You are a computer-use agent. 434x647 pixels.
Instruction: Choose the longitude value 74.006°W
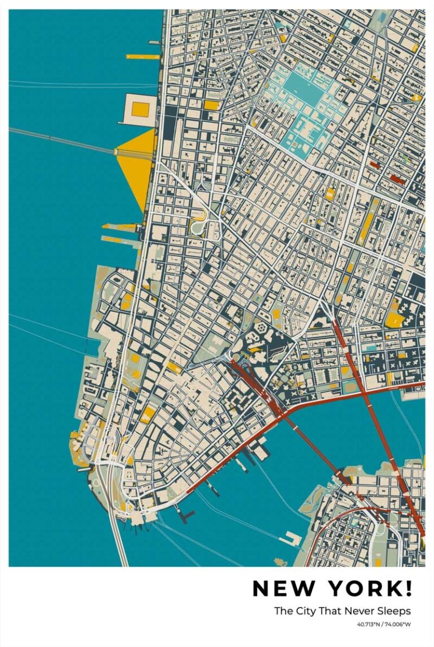click(x=399, y=624)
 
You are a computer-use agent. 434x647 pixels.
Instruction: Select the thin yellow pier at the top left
click(x=142, y=57)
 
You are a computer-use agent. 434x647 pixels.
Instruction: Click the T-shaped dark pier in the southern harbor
click(x=186, y=514)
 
